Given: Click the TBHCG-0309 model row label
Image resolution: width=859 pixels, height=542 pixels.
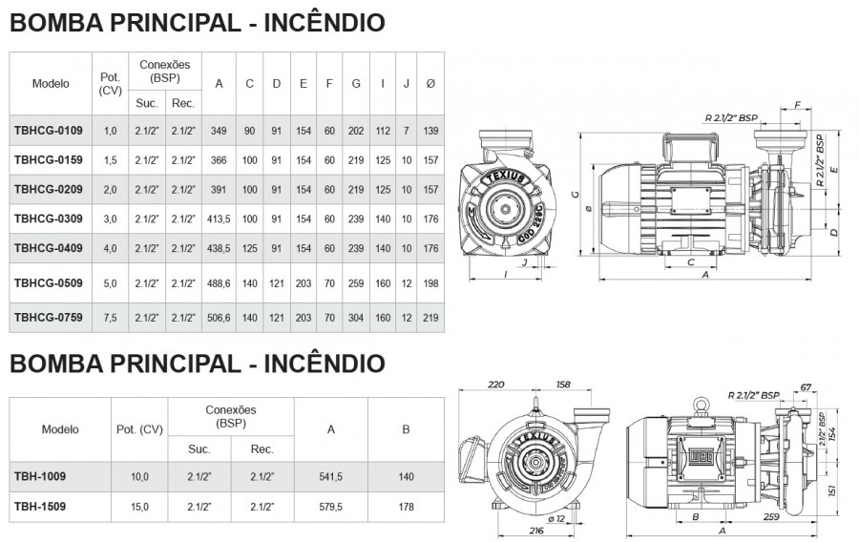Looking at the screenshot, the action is click(x=49, y=219).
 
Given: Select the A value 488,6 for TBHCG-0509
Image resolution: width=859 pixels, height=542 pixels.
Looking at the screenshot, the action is click(x=219, y=283).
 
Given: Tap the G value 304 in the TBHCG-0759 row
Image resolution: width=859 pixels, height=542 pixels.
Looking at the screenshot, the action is click(x=356, y=318).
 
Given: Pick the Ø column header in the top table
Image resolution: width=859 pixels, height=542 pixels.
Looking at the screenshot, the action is click(x=430, y=84).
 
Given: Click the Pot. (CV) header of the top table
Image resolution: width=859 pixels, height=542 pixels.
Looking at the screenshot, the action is click(x=110, y=84).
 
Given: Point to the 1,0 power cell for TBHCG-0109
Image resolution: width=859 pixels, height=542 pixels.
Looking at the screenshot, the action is click(x=110, y=131).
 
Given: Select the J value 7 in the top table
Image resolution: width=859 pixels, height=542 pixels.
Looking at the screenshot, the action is click(x=406, y=131).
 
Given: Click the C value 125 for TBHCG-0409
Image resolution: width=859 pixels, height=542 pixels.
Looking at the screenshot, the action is click(x=250, y=248).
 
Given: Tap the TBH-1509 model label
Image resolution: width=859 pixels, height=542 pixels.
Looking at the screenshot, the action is click(x=40, y=507).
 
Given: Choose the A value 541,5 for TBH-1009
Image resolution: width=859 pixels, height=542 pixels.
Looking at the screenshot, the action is click(x=331, y=477).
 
